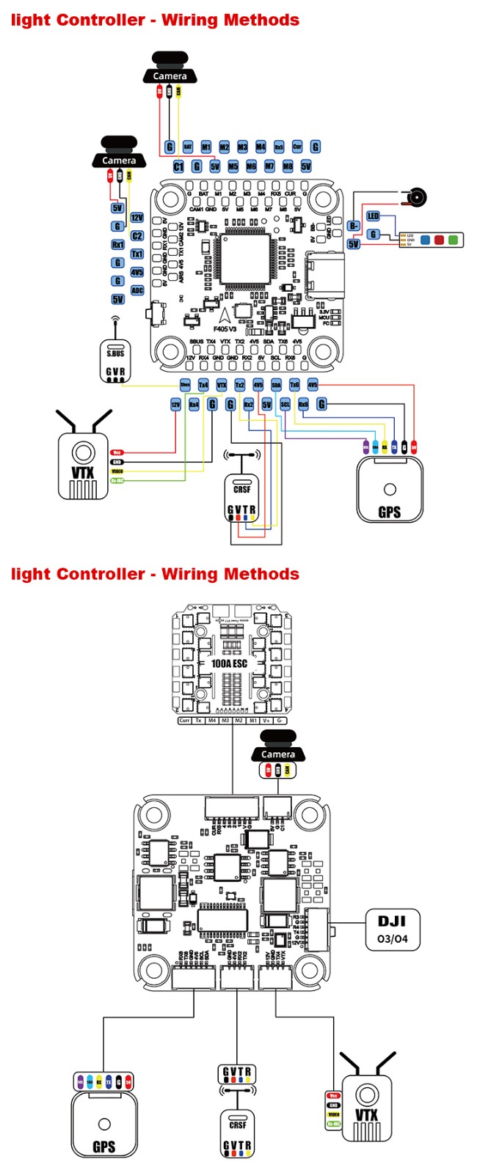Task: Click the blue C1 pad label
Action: pos(178,166)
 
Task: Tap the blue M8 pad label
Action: pos(288,166)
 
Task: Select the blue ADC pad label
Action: pos(137,290)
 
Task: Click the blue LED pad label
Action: pos(374,216)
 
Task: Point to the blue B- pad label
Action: pos(354,226)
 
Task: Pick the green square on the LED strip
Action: pos(454,239)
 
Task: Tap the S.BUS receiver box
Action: pos(115,361)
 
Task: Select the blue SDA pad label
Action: pos(276,385)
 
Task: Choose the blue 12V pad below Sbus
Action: pos(175,404)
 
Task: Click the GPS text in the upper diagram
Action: pos(389,512)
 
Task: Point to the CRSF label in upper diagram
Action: pos(241,489)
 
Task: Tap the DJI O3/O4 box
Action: pos(392,929)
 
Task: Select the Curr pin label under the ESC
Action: pos(184,721)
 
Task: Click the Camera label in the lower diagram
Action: pos(278,754)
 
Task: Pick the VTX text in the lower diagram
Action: pos(366,1115)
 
